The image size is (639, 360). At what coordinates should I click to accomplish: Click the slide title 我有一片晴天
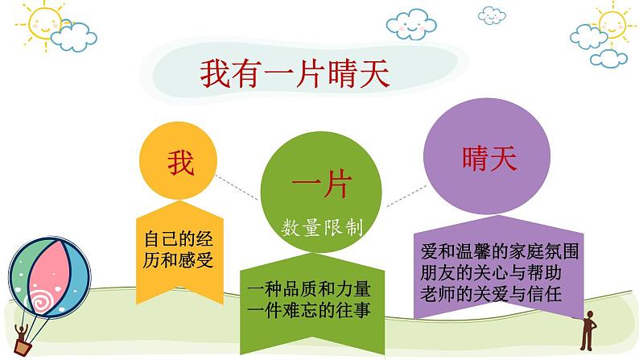295,74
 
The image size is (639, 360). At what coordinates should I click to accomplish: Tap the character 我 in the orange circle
181,164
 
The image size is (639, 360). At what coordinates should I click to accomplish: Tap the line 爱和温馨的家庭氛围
499,249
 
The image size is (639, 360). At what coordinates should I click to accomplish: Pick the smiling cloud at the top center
413,24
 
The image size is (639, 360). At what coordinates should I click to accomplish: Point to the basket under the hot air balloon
24,344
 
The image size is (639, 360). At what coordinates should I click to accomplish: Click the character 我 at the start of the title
212,74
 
